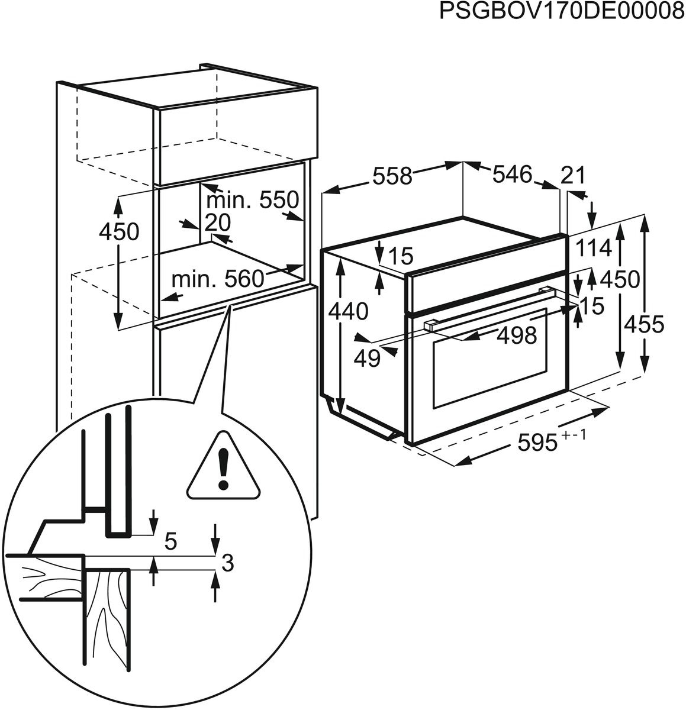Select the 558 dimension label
(392, 176)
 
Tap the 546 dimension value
(513, 175)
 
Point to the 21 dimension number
(572, 176)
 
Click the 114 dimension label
(594, 249)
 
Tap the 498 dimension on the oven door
(516, 335)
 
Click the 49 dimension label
(366, 358)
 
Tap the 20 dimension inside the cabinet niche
(217, 222)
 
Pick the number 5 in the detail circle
(170, 542)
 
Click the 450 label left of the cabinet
(119, 232)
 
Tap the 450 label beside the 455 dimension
(620, 279)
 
